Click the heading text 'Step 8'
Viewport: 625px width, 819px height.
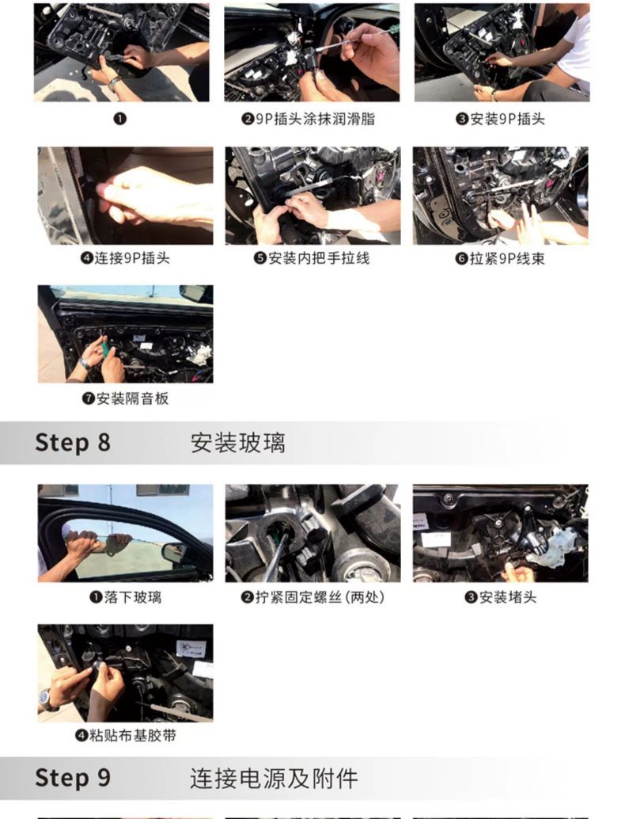(x=73, y=443)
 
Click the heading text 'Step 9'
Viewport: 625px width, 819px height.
(x=73, y=778)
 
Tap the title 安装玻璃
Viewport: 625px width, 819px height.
(x=238, y=443)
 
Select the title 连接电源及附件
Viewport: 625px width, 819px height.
(x=274, y=779)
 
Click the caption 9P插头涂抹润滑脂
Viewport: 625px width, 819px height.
(x=315, y=119)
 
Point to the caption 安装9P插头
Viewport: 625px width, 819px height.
(x=507, y=119)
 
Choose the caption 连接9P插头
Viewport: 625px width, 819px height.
(x=132, y=258)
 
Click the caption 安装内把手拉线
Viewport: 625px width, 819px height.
(x=319, y=258)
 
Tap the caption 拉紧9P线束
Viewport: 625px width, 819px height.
(x=507, y=258)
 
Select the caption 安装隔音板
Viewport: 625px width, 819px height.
(x=132, y=398)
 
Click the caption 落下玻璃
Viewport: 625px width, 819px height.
(x=132, y=597)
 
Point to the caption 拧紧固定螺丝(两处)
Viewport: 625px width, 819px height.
(x=320, y=597)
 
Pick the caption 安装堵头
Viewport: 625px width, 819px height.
(x=508, y=597)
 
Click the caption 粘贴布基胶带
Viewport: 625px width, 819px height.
(x=132, y=736)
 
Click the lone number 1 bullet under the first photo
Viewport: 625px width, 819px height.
(x=120, y=119)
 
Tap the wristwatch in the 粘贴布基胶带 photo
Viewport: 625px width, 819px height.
(x=47, y=700)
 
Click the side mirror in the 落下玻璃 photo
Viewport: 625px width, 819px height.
(x=175, y=552)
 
